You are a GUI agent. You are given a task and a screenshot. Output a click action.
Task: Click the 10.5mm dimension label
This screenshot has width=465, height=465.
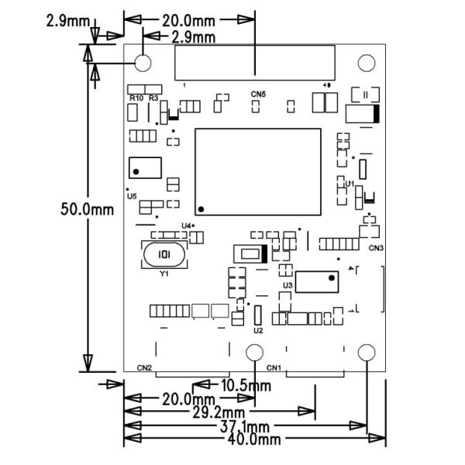tap(246, 385)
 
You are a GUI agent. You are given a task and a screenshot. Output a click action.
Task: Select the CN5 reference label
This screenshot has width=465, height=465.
tap(258, 95)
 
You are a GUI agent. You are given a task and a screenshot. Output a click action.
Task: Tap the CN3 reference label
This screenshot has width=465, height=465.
tap(376, 248)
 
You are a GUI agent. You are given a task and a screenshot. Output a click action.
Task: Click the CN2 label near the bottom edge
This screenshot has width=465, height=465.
tap(144, 367)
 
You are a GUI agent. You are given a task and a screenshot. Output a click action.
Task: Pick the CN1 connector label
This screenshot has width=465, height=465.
tap(274, 367)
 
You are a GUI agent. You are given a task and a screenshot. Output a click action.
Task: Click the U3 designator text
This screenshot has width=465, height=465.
tap(288, 285)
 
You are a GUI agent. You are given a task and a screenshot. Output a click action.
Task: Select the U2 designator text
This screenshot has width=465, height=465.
tap(258, 331)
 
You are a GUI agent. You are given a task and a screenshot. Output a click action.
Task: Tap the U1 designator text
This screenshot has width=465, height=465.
tap(350, 184)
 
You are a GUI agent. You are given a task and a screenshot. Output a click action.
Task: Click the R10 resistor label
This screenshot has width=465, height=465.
tap(136, 98)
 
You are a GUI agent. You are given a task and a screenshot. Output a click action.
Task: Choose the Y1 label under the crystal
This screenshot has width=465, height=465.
tap(164, 274)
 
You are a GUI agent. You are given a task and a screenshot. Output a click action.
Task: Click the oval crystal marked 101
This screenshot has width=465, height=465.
tap(164, 254)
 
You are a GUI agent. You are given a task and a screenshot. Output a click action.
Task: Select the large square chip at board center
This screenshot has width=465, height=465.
tap(257, 171)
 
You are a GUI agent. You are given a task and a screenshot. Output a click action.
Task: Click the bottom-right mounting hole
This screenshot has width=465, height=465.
tap(365, 353)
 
